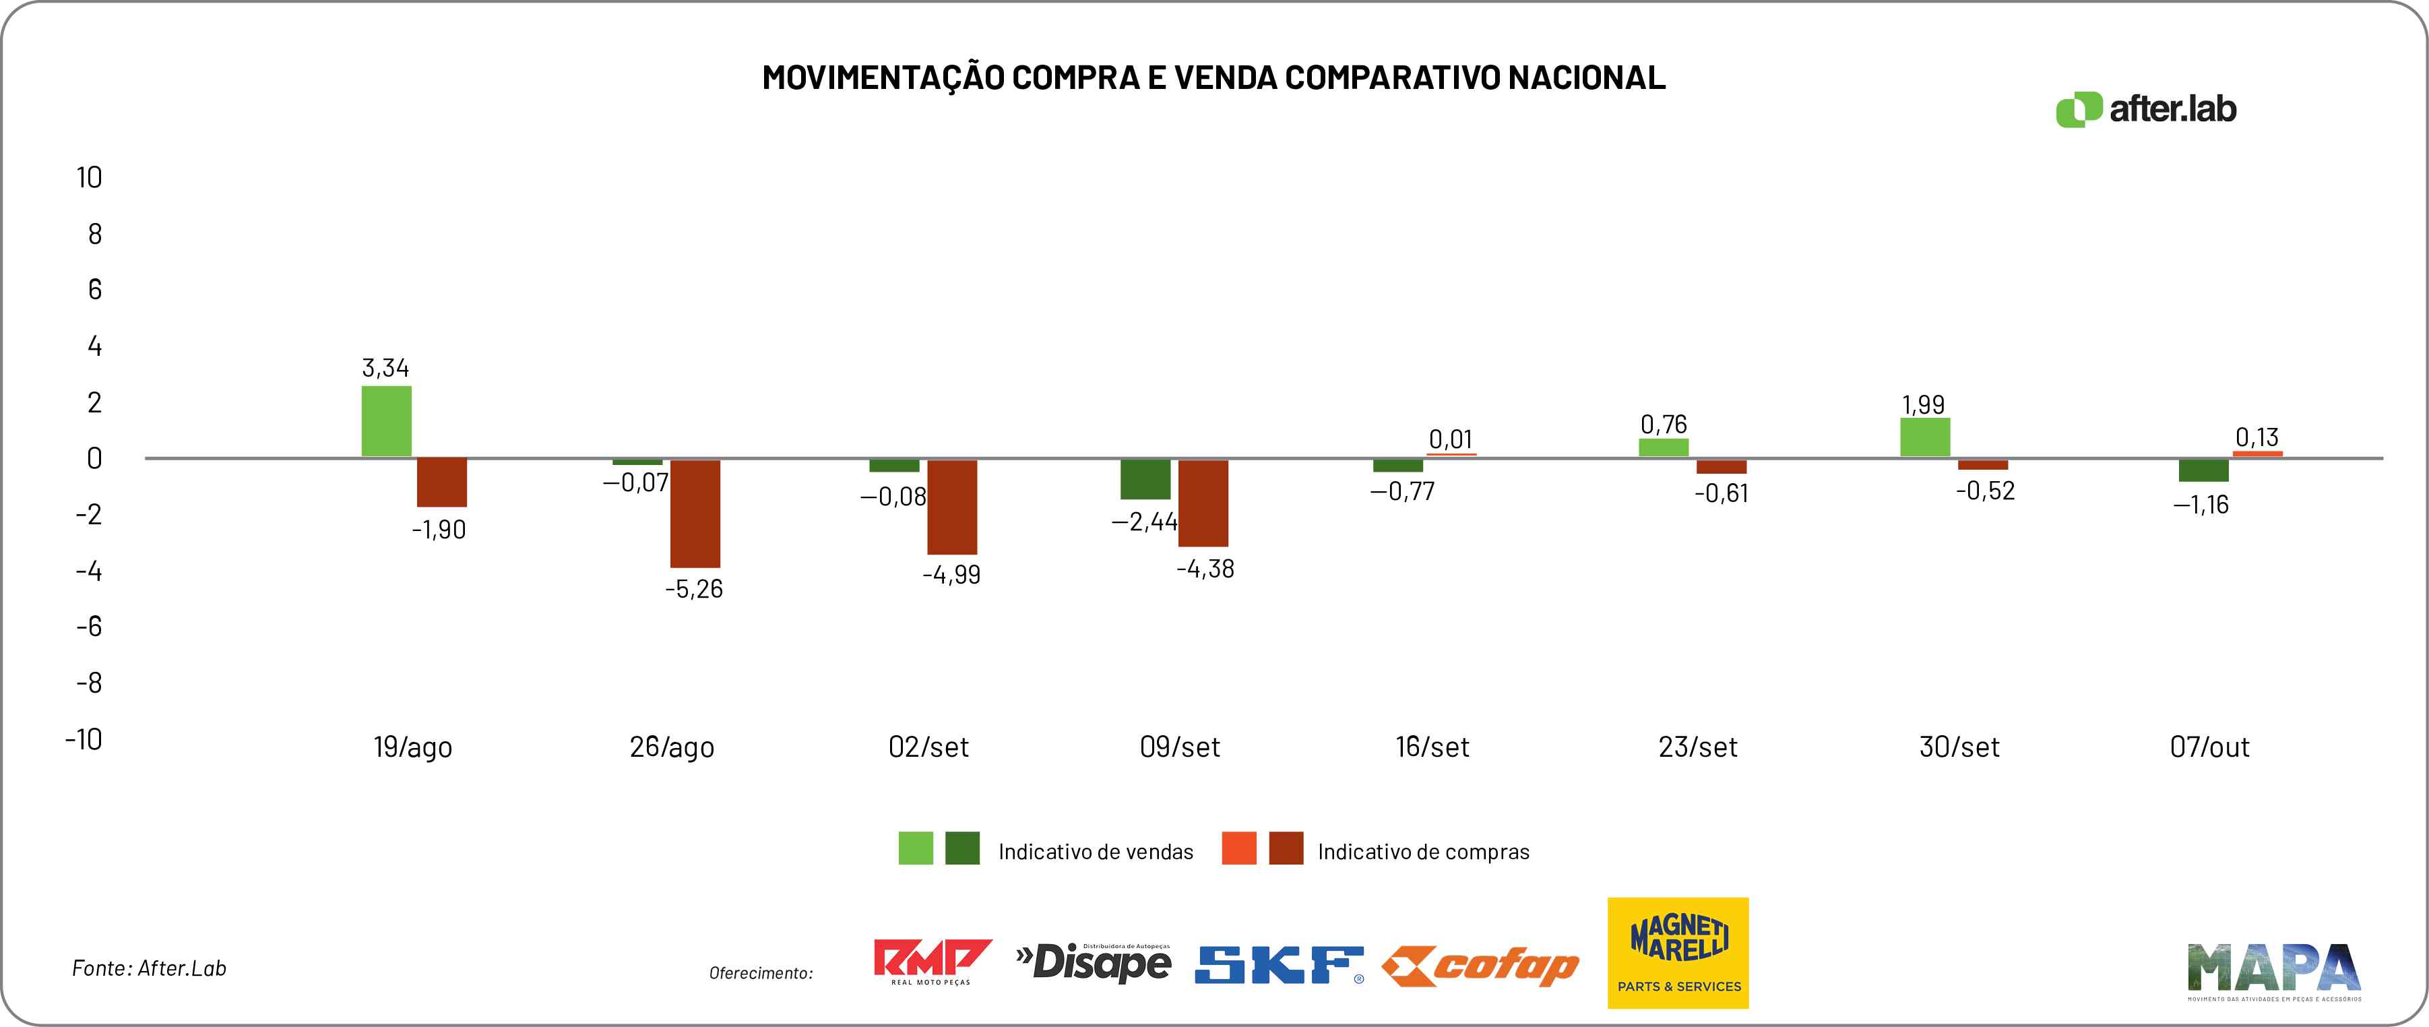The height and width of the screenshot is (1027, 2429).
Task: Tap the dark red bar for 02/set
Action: coord(952,507)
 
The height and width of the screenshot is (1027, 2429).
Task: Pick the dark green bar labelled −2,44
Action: coord(1145,479)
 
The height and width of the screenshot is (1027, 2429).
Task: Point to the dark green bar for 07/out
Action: coord(2204,470)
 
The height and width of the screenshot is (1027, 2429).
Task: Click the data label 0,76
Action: coord(1664,425)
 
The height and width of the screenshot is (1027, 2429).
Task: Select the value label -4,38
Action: coord(1205,569)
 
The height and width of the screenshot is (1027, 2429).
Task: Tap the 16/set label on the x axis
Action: coord(1432,747)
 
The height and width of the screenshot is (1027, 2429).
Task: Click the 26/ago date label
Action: coord(671,747)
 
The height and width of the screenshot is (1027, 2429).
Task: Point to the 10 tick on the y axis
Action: coord(90,177)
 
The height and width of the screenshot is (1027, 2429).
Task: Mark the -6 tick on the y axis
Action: coord(90,626)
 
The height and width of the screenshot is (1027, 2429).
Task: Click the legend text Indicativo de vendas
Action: coord(1096,852)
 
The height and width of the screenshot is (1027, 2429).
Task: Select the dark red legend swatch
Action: coord(1286,848)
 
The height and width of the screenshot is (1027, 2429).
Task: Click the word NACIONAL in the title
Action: coord(1586,77)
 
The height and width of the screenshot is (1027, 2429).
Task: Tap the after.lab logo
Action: coord(2146,109)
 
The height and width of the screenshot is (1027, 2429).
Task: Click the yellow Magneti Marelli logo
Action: coord(1678,952)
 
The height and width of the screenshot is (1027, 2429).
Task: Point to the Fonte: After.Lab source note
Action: coord(149,968)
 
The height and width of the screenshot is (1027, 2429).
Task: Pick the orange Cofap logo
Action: coord(1480,966)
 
